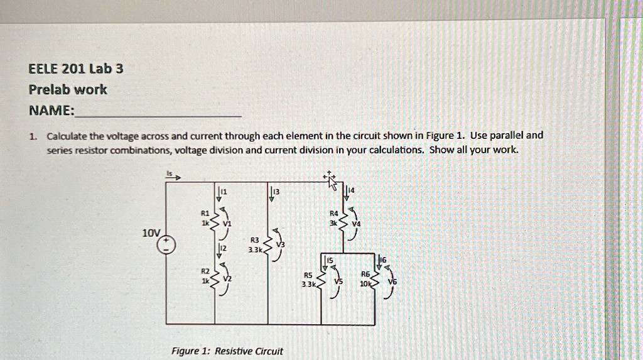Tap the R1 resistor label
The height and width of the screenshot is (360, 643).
[x=205, y=213]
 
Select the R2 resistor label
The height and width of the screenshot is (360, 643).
[x=205, y=271]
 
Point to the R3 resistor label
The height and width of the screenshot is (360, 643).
[x=254, y=240]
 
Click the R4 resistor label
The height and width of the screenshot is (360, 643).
[x=333, y=214]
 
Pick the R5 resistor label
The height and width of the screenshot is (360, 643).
[x=308, y=275]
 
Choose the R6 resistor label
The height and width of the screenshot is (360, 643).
[x=365, y=274]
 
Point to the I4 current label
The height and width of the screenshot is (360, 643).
[x=352, y=190]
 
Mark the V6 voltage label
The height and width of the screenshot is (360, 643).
[x=393, y=283]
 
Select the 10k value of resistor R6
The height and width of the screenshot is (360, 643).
[x=365, y=283]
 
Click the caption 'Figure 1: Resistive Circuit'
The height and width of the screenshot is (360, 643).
[x=227, y=351]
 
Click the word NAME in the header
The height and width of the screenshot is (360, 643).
[x=51, y=111]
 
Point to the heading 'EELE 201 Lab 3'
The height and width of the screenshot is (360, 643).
[x=76, y=68]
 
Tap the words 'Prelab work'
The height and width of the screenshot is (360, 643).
[x=68, y=89]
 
